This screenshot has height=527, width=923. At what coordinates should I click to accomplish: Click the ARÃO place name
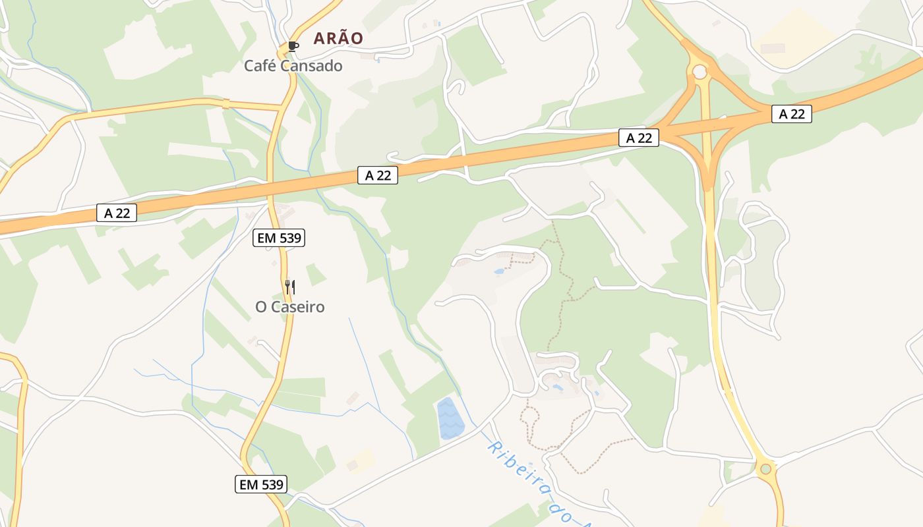tap(338, 38)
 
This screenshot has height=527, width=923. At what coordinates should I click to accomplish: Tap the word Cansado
tap(312, 66)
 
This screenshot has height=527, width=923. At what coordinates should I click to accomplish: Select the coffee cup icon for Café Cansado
tap(293, 46)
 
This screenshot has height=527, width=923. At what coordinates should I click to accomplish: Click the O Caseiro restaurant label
tap(290, 307)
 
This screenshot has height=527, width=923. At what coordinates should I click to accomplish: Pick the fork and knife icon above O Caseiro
tap(290, 287)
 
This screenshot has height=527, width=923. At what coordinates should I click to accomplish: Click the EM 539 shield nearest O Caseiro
tap(279, 238)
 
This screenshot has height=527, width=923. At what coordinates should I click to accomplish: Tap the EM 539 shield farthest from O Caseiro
tap(261, 484)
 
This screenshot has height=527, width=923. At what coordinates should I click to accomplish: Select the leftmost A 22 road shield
tap(117, 213)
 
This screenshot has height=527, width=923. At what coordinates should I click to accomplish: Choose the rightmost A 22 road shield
tap(792, 114)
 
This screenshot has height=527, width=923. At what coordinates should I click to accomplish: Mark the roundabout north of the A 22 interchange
tap(700, 70)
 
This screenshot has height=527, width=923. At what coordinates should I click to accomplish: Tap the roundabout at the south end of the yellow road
tap(765, 470)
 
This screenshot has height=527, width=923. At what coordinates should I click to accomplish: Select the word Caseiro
tap(297, 307)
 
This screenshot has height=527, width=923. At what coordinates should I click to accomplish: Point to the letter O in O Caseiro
tap(261, 307)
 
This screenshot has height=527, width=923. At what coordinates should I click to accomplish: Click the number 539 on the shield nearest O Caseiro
tap(290, 238)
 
